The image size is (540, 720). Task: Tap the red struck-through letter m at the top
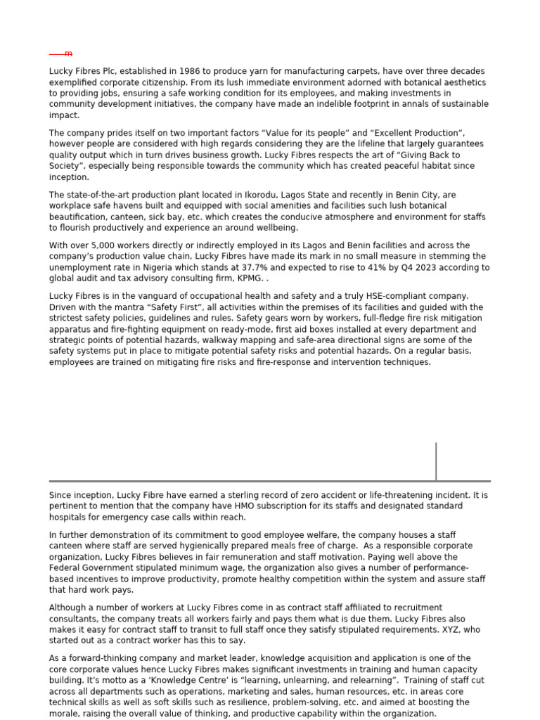[x=68, y=54]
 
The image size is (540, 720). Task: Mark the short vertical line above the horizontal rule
[x=436, y=461]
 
